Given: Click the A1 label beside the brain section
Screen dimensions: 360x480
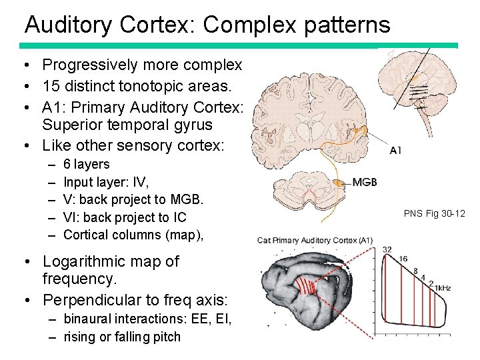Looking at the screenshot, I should point(396,150).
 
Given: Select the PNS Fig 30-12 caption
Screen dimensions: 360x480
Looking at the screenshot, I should point(434,213).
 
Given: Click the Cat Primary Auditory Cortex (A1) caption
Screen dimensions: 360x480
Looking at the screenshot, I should point(315,240).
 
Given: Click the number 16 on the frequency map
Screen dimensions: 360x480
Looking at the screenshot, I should point(403,259).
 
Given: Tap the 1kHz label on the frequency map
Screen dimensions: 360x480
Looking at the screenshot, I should point(442,288).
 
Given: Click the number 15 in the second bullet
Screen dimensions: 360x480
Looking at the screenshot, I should point(50,86).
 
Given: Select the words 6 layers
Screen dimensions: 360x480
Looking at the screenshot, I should point(87,164).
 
